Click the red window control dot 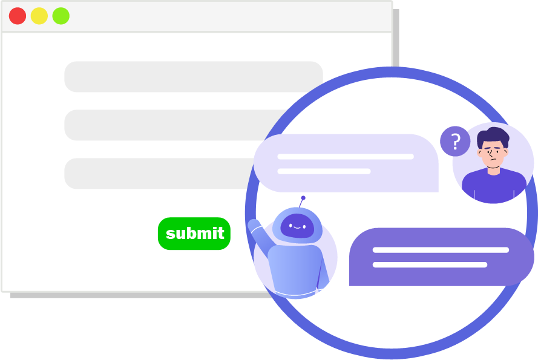click(x=18, y=16)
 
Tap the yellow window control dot click(x=39, y=16)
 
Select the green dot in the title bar click(x=61, y=16)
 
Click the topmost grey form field click(x=193, y=77)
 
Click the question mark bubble click(x=455, y=142)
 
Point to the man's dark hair click(x=493, y=137)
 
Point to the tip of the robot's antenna click(x=303, y=198)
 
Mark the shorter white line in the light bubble click(x=324, y=171)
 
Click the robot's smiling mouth click(x=297, y=228)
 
